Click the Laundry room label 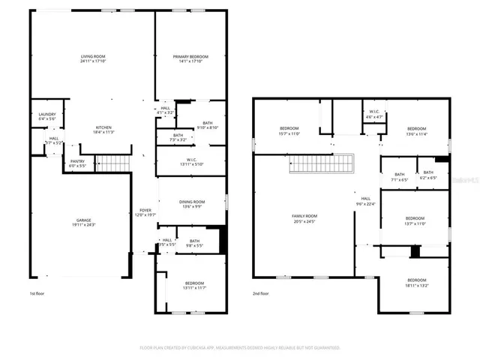point(46,116)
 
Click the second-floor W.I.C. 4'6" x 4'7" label point(373,115)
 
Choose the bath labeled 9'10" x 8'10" point(207,124)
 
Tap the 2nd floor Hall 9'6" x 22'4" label point(366,201)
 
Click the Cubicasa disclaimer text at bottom point(240,348)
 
